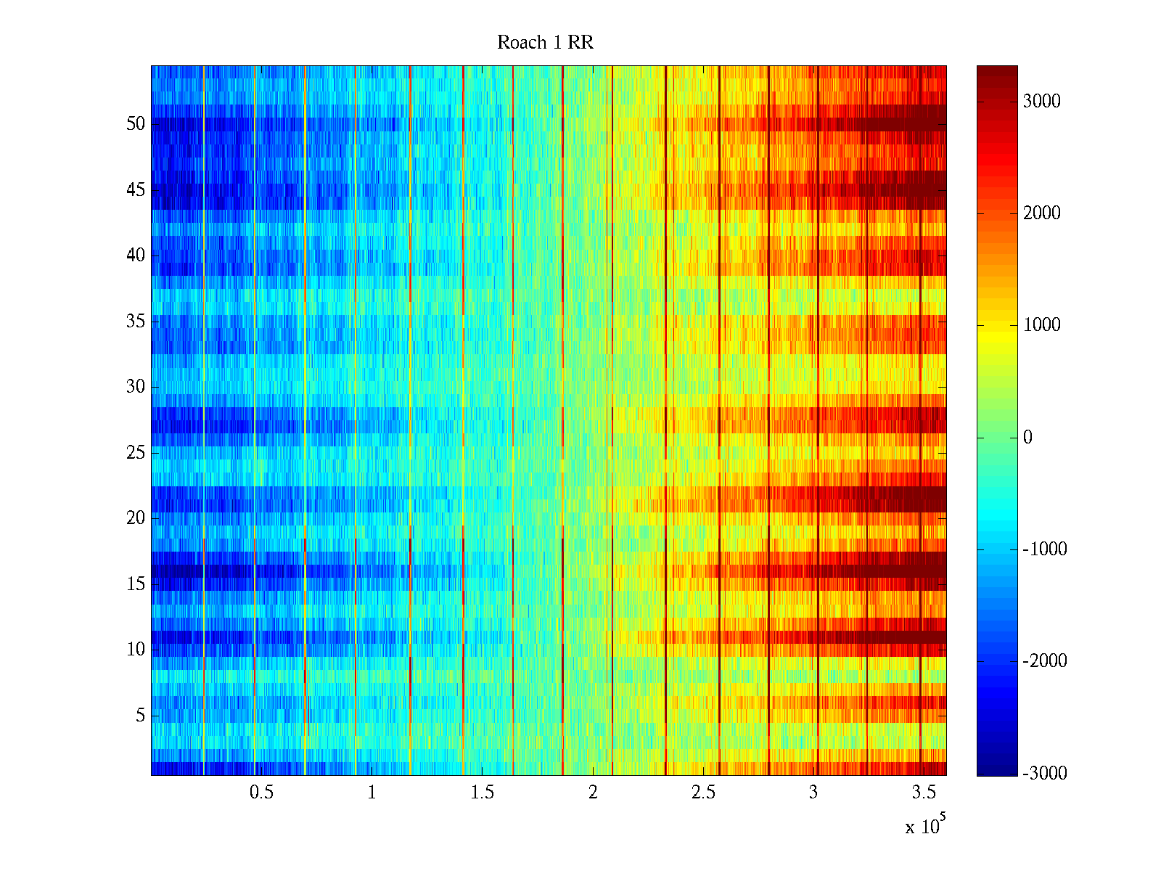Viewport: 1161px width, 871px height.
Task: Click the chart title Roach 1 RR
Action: click(545, 43)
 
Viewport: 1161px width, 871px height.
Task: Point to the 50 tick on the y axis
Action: click(136, 124)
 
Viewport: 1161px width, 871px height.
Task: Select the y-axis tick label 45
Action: click(136, 190)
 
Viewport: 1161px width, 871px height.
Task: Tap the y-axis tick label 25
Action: click(136, 453)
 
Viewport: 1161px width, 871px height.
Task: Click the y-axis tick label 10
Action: click(136, 650)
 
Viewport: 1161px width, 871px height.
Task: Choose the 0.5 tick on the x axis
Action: click(261, 793)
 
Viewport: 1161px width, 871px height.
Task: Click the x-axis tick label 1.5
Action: click(482, 793)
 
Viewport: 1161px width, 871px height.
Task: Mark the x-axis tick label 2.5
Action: click(703, 793)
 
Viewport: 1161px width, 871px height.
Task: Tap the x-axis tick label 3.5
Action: click(924, 793)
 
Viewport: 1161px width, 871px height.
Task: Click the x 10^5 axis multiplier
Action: click(925, 825)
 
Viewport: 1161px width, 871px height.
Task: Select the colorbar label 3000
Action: click(1041, 102)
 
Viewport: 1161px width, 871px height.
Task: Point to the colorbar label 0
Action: click(1027, 438)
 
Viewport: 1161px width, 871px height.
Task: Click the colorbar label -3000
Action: click(1044, 774)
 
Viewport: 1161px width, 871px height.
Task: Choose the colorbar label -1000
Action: click(1044, 549)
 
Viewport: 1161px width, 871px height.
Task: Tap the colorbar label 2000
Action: click(1041, 213)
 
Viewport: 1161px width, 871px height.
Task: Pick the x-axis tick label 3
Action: click(813, 793)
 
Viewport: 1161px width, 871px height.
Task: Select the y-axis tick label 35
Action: click(136, 322)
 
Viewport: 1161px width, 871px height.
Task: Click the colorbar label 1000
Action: click(1041, 325)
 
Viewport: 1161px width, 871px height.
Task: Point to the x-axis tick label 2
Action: click(593, 793)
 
